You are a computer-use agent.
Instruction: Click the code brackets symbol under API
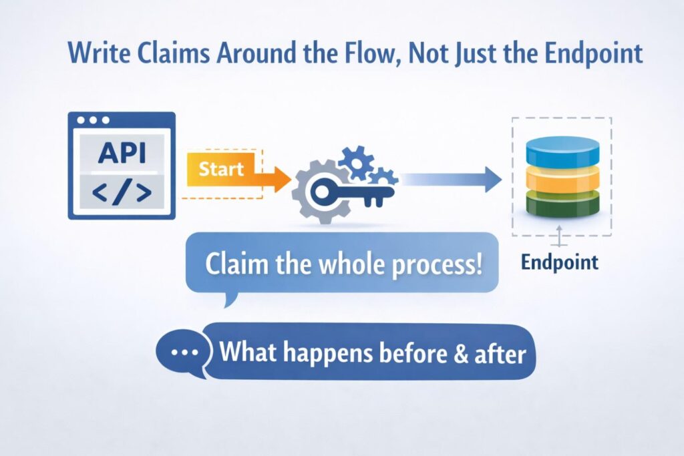point(121,192)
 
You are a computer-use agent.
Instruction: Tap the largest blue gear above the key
point(355,161)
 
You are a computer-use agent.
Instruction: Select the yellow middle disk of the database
point(562,178)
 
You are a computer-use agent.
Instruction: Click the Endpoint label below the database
point(560,262)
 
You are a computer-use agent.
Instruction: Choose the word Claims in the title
point(164,53)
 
